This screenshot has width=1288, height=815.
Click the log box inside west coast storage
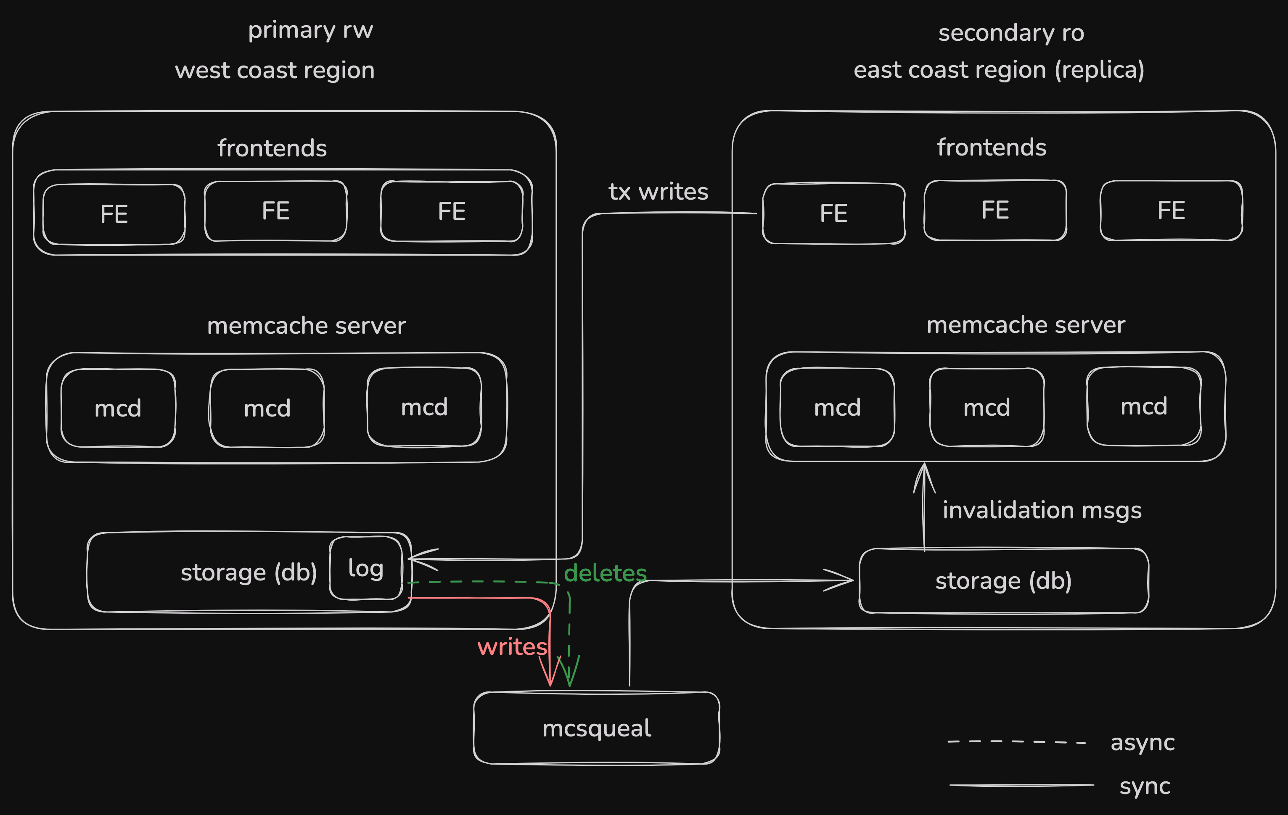[366, 568]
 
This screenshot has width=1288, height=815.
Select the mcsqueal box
[596, 728]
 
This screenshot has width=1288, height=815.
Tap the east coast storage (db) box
[1003, 581]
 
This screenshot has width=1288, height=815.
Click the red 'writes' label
[512, 647]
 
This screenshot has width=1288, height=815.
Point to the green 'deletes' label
[605, 573]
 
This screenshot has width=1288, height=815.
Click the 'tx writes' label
[658, 191]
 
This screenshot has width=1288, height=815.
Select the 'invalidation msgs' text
[1042, 510]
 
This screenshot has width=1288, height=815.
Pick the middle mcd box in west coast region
[267, 409]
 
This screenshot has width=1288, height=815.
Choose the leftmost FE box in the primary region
[114, 214]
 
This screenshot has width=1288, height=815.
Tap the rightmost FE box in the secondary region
[1171, 210]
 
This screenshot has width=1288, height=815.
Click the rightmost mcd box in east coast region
[1144, 406]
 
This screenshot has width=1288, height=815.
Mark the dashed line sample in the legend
[1016, 742]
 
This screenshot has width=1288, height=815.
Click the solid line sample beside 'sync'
[1022, 785]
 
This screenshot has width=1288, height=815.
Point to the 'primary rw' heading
[310, 30]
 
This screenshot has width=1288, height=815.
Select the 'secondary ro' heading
[1011, 33]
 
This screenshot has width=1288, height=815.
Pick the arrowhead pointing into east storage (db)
[845, 580]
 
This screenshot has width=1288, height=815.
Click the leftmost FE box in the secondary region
[833, 214]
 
